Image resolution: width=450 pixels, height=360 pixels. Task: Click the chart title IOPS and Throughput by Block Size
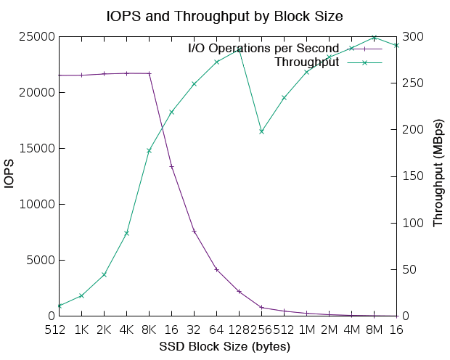(224, 15)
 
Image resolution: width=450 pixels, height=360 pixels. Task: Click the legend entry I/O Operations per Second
(263, 49)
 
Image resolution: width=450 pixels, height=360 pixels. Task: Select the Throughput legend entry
(307, 62)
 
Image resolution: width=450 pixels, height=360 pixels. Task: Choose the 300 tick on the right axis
(410, 37)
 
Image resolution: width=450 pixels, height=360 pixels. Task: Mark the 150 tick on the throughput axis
(410, 176)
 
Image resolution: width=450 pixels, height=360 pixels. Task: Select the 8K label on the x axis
(149, 330)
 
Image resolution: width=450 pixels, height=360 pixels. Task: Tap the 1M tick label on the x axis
(306, 330)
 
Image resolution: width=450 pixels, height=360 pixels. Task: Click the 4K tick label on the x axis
(126, 330)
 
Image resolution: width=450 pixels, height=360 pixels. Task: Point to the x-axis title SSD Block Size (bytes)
(224, 346)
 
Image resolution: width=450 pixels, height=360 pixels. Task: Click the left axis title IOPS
(10, 176)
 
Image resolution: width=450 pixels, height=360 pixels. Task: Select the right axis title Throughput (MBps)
(438, 176)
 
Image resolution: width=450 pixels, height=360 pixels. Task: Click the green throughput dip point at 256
(261, 131)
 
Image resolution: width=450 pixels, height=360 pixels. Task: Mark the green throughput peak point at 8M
(374, 38)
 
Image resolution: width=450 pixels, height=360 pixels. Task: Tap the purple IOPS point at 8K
(149, 73)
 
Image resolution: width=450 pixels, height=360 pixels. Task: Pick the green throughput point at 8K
(149, 151)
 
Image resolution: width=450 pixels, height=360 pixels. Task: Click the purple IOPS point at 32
(194, 231)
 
